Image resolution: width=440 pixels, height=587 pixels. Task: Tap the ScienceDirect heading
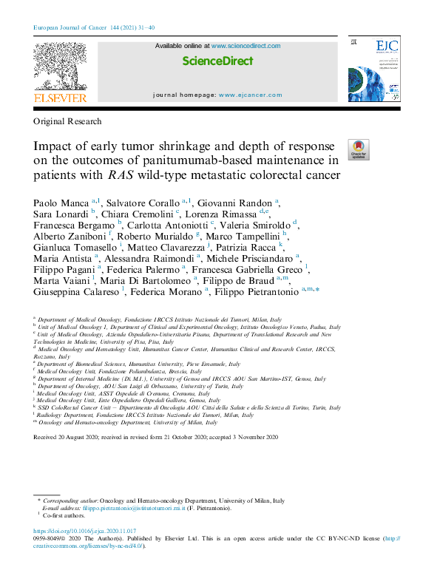click(217, 61)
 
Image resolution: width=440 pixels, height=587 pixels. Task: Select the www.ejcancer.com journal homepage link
click(250, 95)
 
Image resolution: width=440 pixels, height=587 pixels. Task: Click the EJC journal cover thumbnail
click(373, 70)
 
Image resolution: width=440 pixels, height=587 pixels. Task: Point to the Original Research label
click(67, 121)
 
